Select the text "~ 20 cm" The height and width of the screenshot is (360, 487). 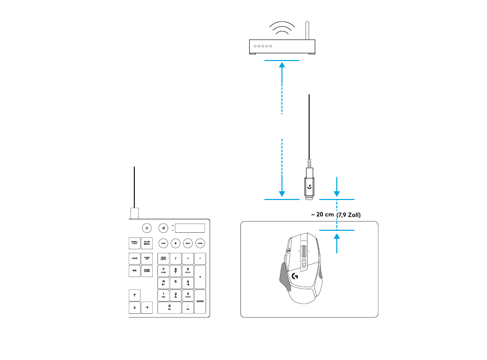coord(321,214)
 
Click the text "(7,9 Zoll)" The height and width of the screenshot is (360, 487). coord(349,215)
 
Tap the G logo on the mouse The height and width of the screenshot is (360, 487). coord(295,276)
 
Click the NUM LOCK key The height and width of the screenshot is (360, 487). coord(163,258)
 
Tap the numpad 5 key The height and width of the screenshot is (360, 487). coord(176,282)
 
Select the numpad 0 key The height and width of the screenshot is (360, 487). coord(169,307)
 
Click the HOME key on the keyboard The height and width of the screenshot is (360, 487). coord(134,258)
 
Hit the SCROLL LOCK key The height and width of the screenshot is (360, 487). coord(134,243)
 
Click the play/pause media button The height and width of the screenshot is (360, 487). coord(163,243)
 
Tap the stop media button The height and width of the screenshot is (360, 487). coord(176,243)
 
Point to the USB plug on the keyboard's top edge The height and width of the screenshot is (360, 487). coord(134,213)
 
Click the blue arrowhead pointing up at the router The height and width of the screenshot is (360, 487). coord(282,65)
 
